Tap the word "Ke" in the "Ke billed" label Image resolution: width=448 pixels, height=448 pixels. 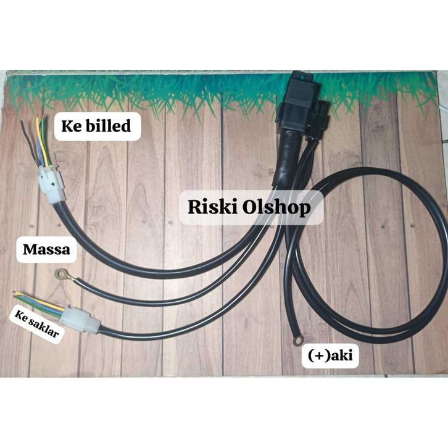[x=71, y=127]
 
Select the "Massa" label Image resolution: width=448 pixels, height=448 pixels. [x=46, y=251]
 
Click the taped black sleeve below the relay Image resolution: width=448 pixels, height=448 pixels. [x=287, y=157]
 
